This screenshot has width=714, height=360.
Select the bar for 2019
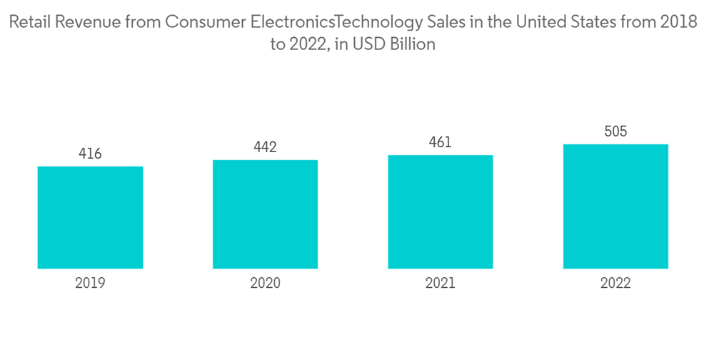(x=90, y=217)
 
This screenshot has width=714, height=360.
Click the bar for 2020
(x=265, y=214)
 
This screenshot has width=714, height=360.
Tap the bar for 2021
(x=441, y=211)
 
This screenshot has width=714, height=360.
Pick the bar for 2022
(x=615, y=206)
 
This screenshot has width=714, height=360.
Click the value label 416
(x=90, y=154)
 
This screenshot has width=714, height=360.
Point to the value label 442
(x=265, y=147)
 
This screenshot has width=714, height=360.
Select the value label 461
(x=441, y=142)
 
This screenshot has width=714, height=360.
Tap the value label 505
(x=615, y=131)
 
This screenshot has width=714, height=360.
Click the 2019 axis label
(x=90, y=283)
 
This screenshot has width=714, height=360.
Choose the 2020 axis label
(x=265, y=283)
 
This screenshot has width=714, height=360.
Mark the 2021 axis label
(x=441, y=283)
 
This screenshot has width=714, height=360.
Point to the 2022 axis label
(x=615, y=283)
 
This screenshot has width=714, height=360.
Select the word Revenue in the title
(x=89, y=22)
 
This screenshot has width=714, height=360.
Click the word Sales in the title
(x=449, y=22)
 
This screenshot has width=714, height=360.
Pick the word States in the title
(x=598, y=22)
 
